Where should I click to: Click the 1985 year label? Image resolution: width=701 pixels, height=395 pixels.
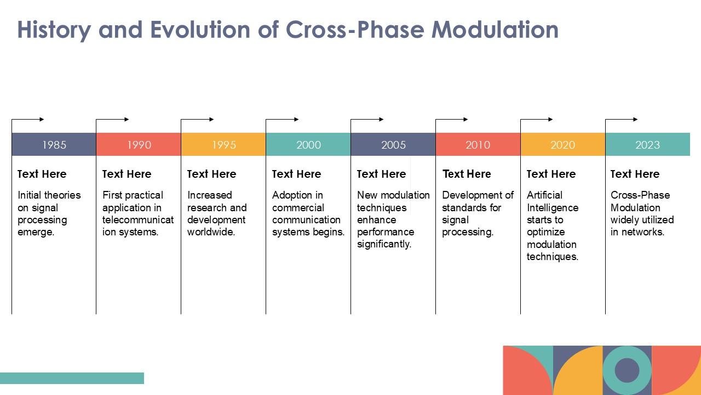click(54, 145)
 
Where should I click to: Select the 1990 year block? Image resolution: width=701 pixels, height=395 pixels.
click(139, 145)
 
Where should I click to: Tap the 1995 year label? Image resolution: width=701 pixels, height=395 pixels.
click(223, 145)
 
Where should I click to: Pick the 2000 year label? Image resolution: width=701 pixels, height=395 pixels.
click(308, 145)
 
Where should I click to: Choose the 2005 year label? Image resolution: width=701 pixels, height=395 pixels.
click(393, 145)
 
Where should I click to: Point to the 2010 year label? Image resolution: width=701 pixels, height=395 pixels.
click(478, 145)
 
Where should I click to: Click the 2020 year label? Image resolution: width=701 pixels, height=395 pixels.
click(562, 145)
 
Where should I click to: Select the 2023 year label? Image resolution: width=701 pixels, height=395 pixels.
click(647, 145)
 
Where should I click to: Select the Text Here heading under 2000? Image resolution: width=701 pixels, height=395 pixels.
click(296, 174)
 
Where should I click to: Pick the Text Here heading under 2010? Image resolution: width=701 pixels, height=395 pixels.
click(467, 174)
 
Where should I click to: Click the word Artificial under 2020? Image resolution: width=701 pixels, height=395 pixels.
click(544, 195)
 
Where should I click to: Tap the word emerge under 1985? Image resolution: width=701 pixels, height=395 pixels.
click(36, 232)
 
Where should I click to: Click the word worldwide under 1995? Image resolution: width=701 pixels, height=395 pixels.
click(211, 232)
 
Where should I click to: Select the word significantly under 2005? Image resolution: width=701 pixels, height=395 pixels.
click(384, 244)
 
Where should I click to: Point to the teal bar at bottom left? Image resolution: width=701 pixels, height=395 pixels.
click(72, 378)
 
